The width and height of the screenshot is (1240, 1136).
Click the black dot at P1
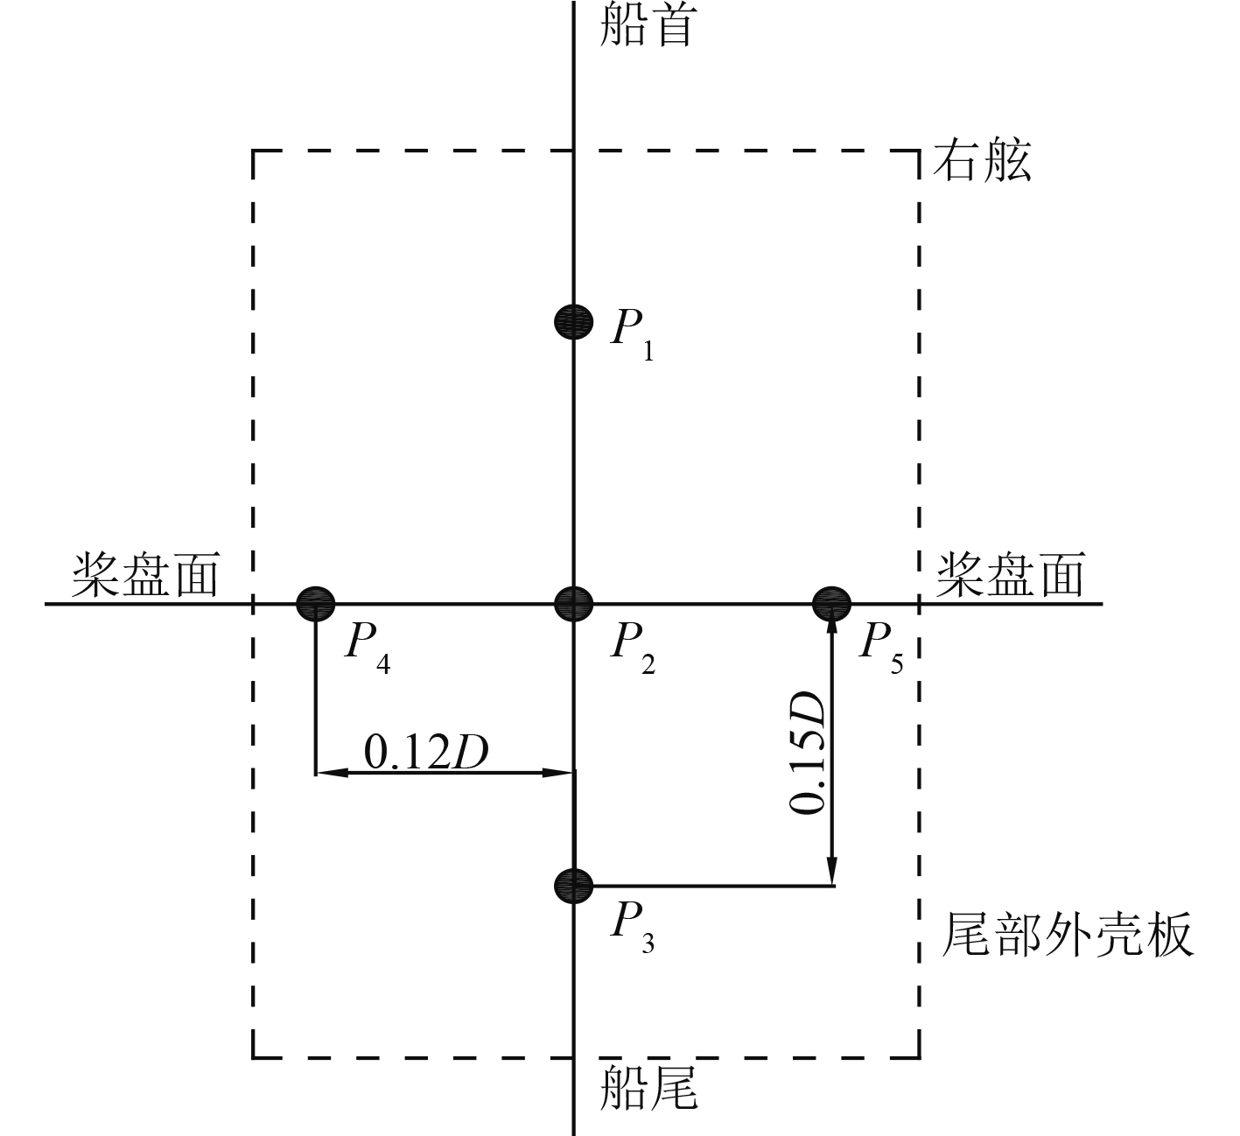573,321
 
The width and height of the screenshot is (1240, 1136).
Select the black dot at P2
574,602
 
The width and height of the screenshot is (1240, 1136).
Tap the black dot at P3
574,886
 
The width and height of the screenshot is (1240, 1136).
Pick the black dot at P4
315,602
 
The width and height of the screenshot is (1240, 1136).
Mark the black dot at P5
831,602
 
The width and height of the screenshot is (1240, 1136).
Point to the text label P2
632,648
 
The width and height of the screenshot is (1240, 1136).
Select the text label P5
881,648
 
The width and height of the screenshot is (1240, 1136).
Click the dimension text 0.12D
425,753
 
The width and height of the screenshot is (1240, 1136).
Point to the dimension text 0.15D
807,753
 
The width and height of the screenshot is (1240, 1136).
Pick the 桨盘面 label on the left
144,575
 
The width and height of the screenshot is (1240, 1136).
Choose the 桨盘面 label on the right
1011,575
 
